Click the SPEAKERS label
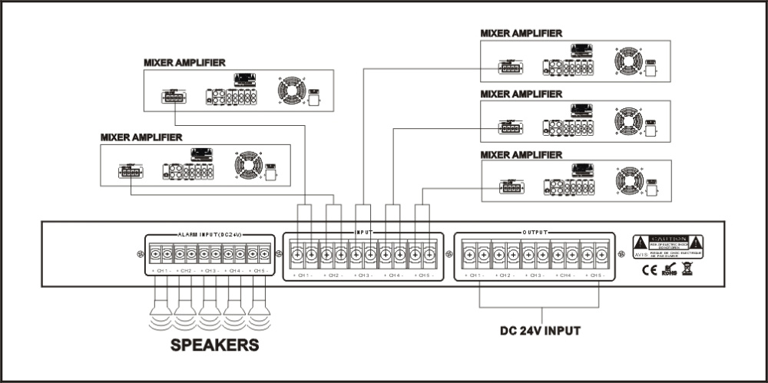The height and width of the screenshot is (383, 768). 214,345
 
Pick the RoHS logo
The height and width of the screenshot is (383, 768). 669,270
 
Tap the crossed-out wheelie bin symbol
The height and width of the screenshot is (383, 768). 689,269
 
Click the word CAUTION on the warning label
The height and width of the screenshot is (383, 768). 667,239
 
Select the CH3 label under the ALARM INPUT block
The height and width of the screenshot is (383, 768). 209,272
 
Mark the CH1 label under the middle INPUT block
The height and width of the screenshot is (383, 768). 303,275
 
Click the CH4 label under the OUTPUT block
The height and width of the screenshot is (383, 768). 567,275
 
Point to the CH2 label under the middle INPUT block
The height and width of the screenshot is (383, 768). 333,275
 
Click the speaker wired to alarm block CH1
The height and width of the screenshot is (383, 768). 161,311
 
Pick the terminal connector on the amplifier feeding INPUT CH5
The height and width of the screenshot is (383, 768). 511,186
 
